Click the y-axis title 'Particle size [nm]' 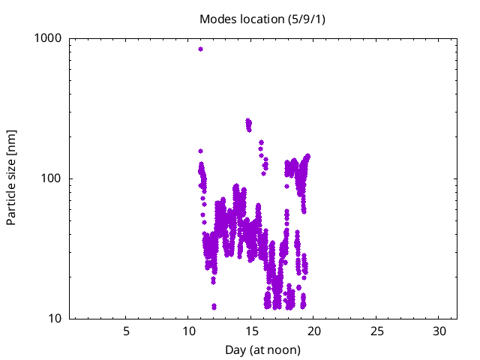(12, 178)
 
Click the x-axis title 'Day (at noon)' (262, 350)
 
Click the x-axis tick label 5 (126, 332)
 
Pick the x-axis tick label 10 (188, 332)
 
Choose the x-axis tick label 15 (251, 332)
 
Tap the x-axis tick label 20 (314, 332)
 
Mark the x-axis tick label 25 (377, 332)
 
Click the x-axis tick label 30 (440, 332)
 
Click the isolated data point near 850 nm (200, 49)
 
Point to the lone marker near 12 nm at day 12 (214, 306)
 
